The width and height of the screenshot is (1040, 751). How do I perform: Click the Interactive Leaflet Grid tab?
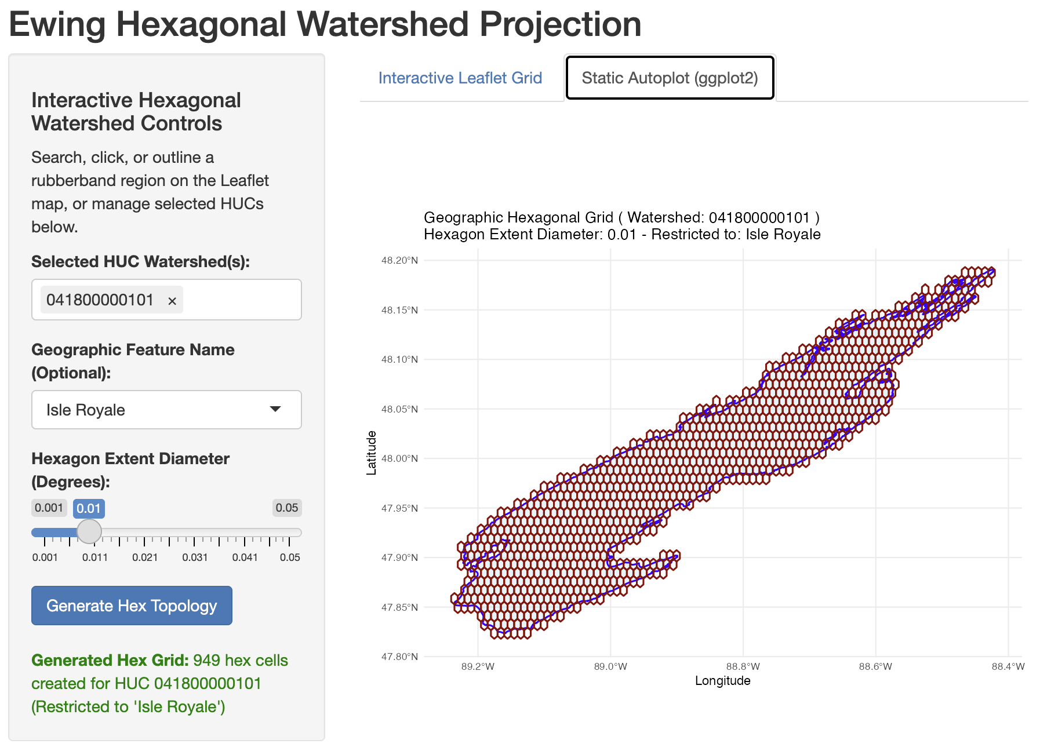coord(460,78)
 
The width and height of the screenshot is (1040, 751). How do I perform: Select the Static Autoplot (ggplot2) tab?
coord(670,78)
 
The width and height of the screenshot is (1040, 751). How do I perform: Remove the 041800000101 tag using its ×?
coord(172,301)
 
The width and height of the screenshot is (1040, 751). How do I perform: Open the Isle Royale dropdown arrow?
coord(275,409)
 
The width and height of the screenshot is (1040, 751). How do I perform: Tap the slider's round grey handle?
coord(89,531)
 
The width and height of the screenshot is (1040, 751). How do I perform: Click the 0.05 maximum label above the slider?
coord(287,508)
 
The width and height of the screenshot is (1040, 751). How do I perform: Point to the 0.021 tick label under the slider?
coord(145,557)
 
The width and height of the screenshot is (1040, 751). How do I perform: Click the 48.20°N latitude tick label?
coord(399,260)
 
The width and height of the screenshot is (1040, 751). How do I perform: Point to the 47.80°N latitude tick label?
coord(399,657)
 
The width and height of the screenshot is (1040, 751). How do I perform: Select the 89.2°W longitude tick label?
coord(478,666)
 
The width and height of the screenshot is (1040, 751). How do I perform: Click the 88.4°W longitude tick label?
coord(1008,666)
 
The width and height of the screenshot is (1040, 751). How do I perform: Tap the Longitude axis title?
coord(722,681)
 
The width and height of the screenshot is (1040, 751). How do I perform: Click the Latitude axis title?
coord(372,453)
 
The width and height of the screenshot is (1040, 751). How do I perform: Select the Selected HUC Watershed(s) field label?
coord(140,262)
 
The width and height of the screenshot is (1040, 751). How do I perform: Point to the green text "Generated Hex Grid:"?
coord(110,661)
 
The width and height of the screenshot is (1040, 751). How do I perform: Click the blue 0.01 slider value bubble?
coord(89,508)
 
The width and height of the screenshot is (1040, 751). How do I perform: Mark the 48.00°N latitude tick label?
coord(399,458)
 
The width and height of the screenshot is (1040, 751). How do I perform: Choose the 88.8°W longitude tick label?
coord(743,666)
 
